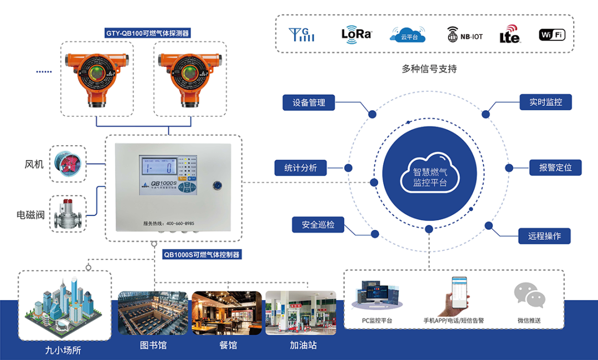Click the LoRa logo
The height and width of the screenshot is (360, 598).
coord(357,34)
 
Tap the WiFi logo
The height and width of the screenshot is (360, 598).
coord(552,35)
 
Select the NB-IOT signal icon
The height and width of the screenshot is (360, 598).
coord(465,34)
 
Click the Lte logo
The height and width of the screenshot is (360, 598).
coord(509,34)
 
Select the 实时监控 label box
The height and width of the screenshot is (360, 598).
coord(545,102)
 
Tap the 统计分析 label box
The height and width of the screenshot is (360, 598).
coord(301,167)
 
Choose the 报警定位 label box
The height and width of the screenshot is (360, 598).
coord(555,167)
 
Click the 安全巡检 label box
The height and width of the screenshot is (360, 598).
coord(318,225)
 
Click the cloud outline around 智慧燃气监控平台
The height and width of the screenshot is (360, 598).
coord(429,173)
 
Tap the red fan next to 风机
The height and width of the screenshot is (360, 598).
coord(68,163)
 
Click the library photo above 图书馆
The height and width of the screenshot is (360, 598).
coord(153,313)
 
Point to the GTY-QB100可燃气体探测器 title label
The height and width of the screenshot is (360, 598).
coord(148,33)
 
